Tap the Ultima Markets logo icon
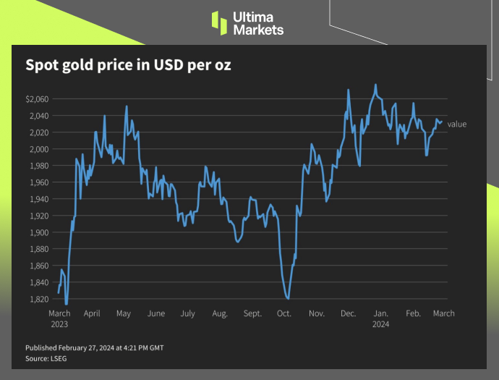pyautogui.click(x=219, y=22)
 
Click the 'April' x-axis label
pyautogui.click(x=92, y=314)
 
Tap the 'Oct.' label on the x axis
pyautogui.click(x=284, y=314)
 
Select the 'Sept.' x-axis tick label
pyautogui.click(x=252, y=314)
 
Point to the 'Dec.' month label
pyautogui.click(x=349, y=314)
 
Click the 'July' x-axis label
pyautogui.click(x=187, y=314)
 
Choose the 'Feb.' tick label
pyautogui.click(x=413, y=314)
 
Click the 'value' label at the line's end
pyautogui.click(x=457, y=124)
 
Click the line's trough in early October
pyautogui.click(x=288, y=298)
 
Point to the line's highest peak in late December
pyautogui.click(x=375, y=85)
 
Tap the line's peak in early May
pyautogui.click(x=127, y=106)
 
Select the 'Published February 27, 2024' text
pyautogui.click(x=94, y=348)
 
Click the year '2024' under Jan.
pyautogui.click(x=380, y=324)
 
